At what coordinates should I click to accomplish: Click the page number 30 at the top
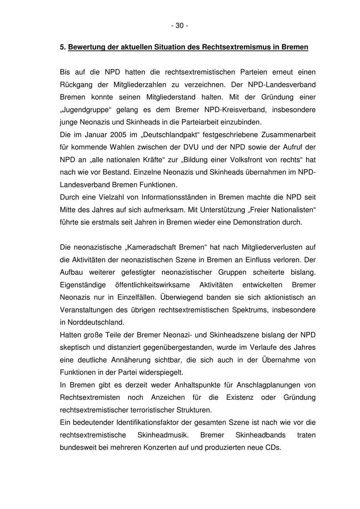180,26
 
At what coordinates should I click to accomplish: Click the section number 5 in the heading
62,47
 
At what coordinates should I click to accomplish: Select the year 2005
111,135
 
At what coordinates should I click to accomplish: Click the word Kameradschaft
150,247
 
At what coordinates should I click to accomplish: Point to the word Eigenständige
83,285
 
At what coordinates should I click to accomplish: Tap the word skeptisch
75,347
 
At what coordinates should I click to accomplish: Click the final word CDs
273,447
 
